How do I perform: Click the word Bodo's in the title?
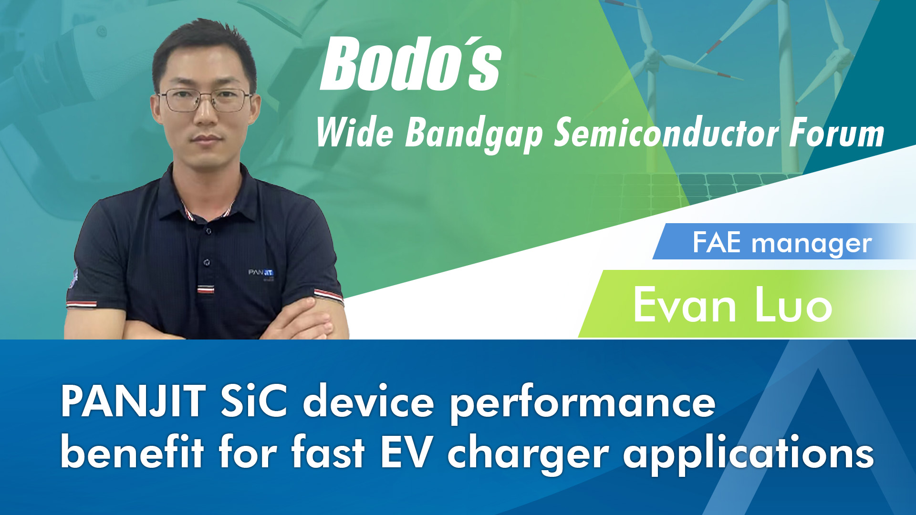tap(410, 64)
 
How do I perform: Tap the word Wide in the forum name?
tap(354, 133)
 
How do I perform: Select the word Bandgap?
tap(474, 135)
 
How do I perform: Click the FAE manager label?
tap(782, 243)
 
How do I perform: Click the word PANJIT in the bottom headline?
tap(133, 402)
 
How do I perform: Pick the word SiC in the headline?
tap(254, 402)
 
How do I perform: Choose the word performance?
tap(583, 404)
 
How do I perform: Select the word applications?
tap(749, 455)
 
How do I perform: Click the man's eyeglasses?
tap(206, 100)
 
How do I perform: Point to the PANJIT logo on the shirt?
tap(261, 273)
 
